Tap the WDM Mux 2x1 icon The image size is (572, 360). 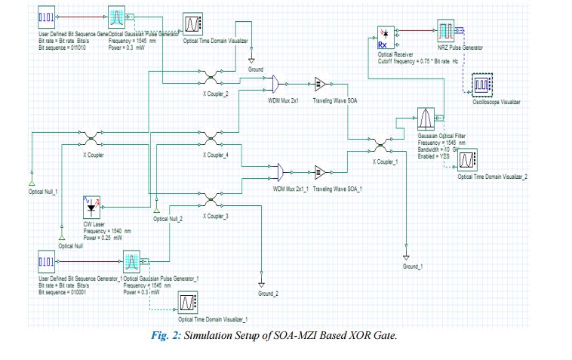[x=276, y=82]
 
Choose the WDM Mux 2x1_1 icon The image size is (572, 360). [x=276, y=169]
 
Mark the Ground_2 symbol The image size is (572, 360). [x=261, y=285]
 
